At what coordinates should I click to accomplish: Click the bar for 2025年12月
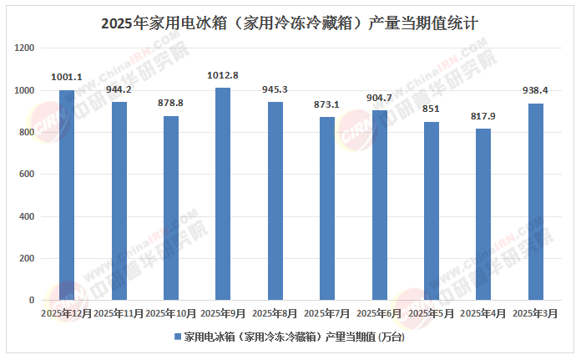[67, 195]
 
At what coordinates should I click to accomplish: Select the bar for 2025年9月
[223, 193]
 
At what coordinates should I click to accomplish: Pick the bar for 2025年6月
[380, 205]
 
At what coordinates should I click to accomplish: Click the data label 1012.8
[223, 76]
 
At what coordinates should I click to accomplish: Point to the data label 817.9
[483, 117]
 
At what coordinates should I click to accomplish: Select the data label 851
[432, 109]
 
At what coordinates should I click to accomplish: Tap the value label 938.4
[535, 92]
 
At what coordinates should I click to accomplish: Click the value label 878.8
[171, 104]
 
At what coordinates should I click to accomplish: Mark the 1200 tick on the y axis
[25, 48]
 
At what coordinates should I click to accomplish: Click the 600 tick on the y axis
[28, 175]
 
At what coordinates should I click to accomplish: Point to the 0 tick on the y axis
[33, 300]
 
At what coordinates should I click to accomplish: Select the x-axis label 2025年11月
[119, 313]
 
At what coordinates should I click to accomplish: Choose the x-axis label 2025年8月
[275, 313]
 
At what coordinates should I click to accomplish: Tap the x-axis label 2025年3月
[535, 313]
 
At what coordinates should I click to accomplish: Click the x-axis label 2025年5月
[432, 313]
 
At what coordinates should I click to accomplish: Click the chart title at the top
[290, 23]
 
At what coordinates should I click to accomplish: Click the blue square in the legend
[177, 337]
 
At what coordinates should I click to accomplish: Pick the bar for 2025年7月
[327, 208]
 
